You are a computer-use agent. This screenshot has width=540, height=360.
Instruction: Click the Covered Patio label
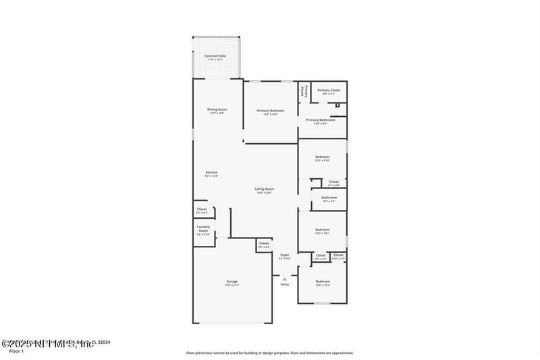217,57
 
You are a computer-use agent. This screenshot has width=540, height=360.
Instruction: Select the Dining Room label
217,111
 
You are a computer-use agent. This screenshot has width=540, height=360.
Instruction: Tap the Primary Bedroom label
270,111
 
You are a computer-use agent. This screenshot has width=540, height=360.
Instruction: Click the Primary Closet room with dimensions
329,91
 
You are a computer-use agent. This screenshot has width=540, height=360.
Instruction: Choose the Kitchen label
211,174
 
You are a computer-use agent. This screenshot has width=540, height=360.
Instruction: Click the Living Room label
264,190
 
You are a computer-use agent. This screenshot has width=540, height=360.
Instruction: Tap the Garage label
232,282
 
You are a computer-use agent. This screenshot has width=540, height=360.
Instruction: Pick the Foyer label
284,256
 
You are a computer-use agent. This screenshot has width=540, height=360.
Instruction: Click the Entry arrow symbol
284,278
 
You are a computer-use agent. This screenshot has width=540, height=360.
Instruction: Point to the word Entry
284,284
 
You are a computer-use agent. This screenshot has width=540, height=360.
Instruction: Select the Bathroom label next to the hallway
329,199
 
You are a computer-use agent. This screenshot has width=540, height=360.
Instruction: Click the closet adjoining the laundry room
202,211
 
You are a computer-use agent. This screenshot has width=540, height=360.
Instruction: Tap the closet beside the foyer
263,245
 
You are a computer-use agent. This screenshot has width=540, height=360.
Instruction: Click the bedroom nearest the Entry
322,282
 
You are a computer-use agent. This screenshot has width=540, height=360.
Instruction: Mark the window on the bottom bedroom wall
323,303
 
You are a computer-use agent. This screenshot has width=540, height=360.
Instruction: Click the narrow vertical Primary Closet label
304,91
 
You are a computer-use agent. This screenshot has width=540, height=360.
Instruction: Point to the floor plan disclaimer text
269,353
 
